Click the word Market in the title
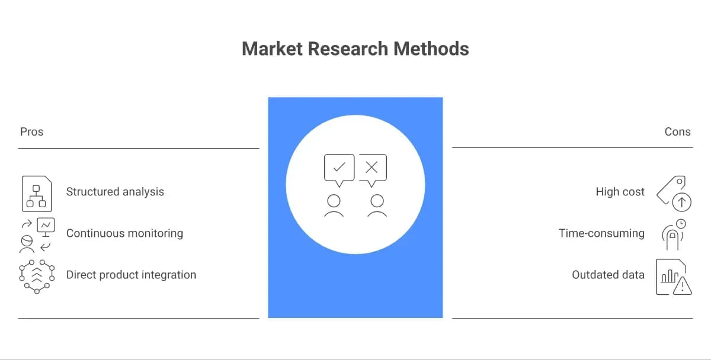pos(272,49)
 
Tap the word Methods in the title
pos(431,49)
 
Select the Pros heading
pos(31,131)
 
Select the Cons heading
pos(677,131)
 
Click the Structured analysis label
pos(115,192)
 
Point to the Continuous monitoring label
pos(124,233)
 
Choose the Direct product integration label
pos(131,275)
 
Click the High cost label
pos(620,192)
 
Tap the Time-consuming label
pos(601,233)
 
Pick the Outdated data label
pos(608,275)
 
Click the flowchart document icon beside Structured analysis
pos(37,194)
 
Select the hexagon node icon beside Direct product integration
pos(37,277)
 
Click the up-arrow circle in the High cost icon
pos(681,202)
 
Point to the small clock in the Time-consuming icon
pos(681,224)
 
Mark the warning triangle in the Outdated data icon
pos(683,286)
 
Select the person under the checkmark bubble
pos(334,205)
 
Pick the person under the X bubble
pos(377,205)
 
